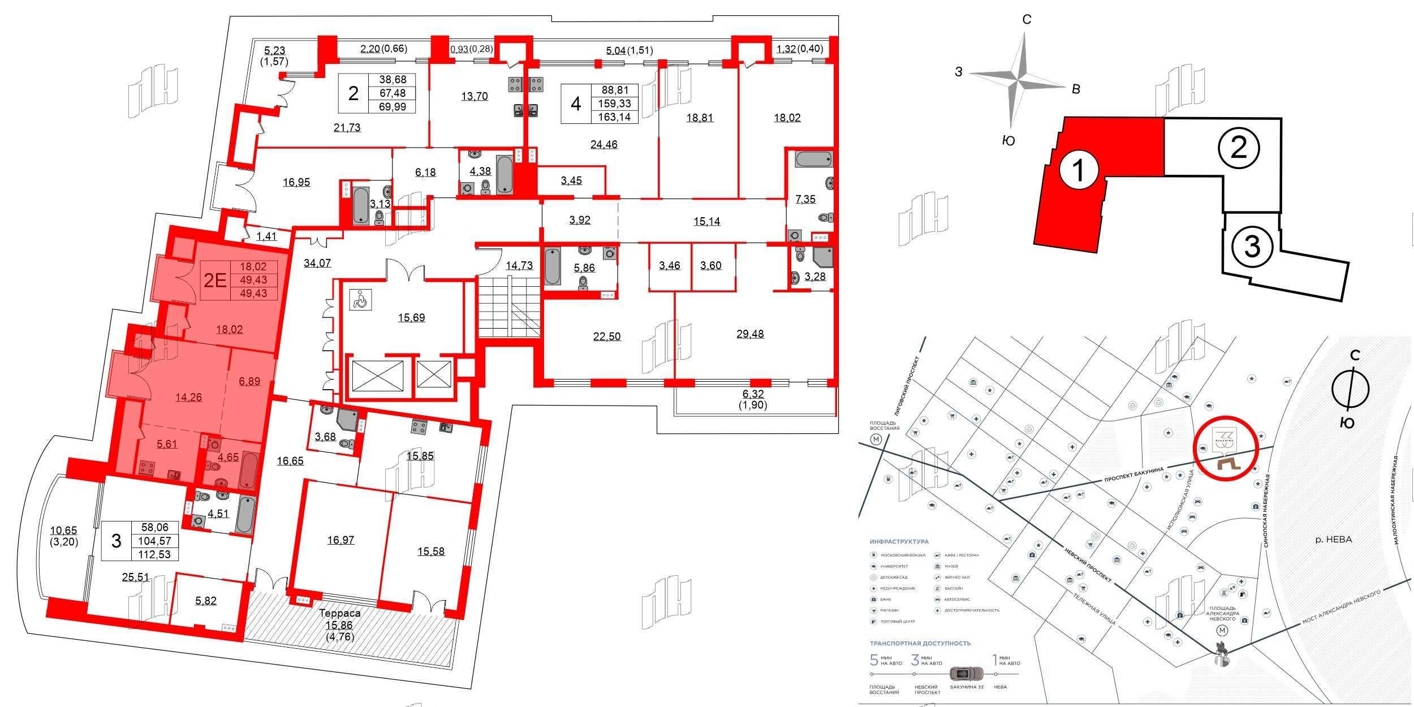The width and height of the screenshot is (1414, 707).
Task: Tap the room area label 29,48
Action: coord(750,334)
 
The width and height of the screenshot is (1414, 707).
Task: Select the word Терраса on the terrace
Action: coord(339,613)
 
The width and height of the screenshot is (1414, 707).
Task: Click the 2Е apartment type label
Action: coord(215,280)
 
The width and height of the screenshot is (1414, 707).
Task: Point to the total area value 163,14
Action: coord(614,117)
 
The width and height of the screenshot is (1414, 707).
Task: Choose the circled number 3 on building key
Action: coord(1252,247)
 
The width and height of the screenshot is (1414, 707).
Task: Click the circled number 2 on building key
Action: coord(1239,148)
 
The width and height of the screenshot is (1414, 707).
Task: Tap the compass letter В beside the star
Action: coord(1076,89)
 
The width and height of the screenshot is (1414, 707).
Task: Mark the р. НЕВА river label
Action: coord(1333,540)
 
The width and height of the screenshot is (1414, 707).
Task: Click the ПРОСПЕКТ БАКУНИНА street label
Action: coord(1133,475)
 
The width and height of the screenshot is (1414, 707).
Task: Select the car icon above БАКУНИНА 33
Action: coord(966,674)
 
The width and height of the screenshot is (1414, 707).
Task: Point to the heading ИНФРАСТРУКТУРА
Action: coord(899,542)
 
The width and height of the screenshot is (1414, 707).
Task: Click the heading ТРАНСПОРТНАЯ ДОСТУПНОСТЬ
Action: coord(920,644)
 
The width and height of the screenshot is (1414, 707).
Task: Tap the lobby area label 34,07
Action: coord(317,263)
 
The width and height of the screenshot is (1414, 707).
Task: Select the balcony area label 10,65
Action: coord(63,531)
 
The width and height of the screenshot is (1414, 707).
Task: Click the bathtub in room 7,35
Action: coord(813,159)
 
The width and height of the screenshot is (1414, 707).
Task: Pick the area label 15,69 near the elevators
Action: coord(411,318)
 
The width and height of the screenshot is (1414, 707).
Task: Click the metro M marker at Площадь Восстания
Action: coord(876,439)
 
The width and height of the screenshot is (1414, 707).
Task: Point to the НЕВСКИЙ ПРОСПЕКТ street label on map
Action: coord(1088,565)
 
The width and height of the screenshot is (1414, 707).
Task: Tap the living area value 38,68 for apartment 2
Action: coord(393,80)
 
